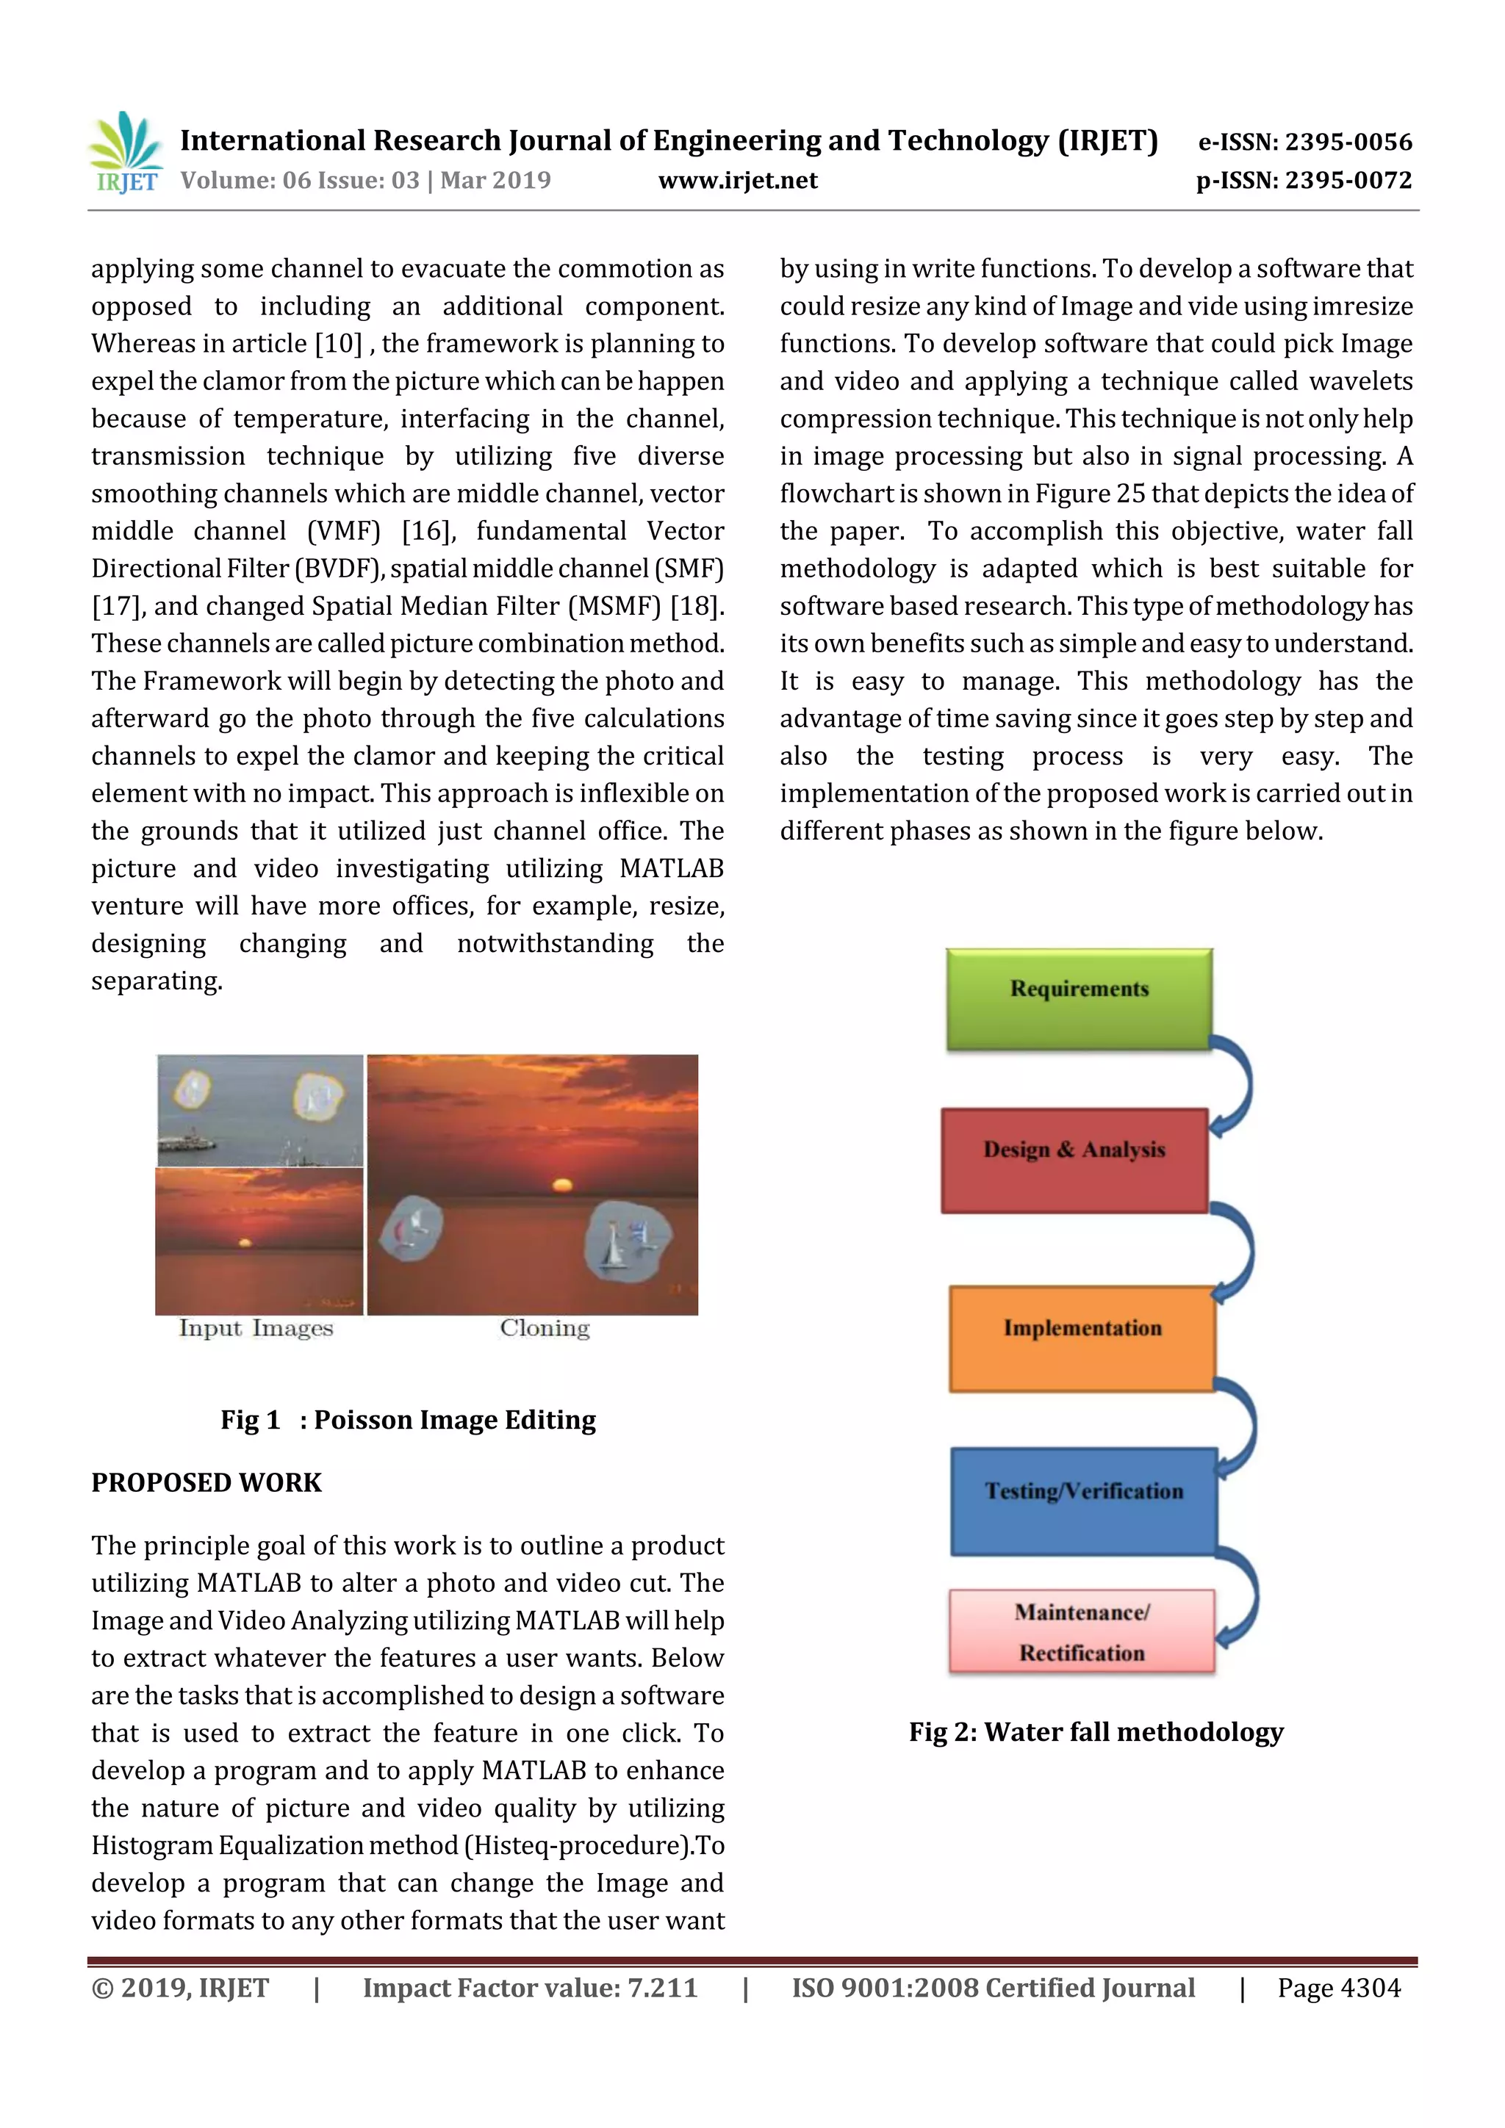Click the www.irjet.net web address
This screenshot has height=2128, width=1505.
pyautogui.click(x=737, y=180)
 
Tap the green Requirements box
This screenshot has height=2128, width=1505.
pyautogui.click(x=1079, y=998)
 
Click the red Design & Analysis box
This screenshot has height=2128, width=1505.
pyautogui.click(x=1074, y=1159)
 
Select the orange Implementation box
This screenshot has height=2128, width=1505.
pyautogui.click(x=1081, y=1338)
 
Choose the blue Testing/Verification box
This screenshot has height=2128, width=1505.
pyautogui.click(x=1083, y=1501)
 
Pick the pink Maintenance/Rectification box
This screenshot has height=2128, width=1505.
pyautogui.click(x=1081, y=1631)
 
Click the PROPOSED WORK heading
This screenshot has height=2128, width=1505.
pyautogui.click(x=206, y=1482)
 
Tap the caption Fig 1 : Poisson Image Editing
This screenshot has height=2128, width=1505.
pyautogui.click(x=408, y=1419)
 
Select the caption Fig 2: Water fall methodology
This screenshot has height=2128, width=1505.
pyautogui.click(x=1096, y=1731)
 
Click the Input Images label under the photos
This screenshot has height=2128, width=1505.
pyautogui.click(x=256, y=1328)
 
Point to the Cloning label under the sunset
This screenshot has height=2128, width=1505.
pyautogui.click(x=545, y=1328)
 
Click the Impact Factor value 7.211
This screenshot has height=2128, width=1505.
pyautogui.click(x=662, y=1987)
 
